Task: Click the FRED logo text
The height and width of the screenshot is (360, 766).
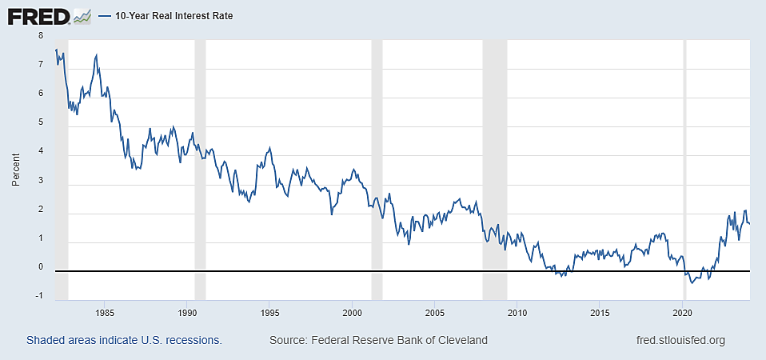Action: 38,15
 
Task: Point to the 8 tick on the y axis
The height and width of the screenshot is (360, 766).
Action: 40,36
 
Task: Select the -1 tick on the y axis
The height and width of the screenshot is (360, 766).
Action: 38,297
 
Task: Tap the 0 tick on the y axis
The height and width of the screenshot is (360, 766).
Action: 40,268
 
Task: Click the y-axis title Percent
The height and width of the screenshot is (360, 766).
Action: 15,166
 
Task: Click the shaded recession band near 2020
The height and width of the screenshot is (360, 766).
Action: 684,160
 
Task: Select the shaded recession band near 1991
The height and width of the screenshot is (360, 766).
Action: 200,160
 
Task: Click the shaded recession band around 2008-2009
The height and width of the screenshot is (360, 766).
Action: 495,160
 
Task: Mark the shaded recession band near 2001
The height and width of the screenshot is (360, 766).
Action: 377,160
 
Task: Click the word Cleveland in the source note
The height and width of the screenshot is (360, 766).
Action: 461,341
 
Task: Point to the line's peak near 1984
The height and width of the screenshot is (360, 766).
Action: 97,55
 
